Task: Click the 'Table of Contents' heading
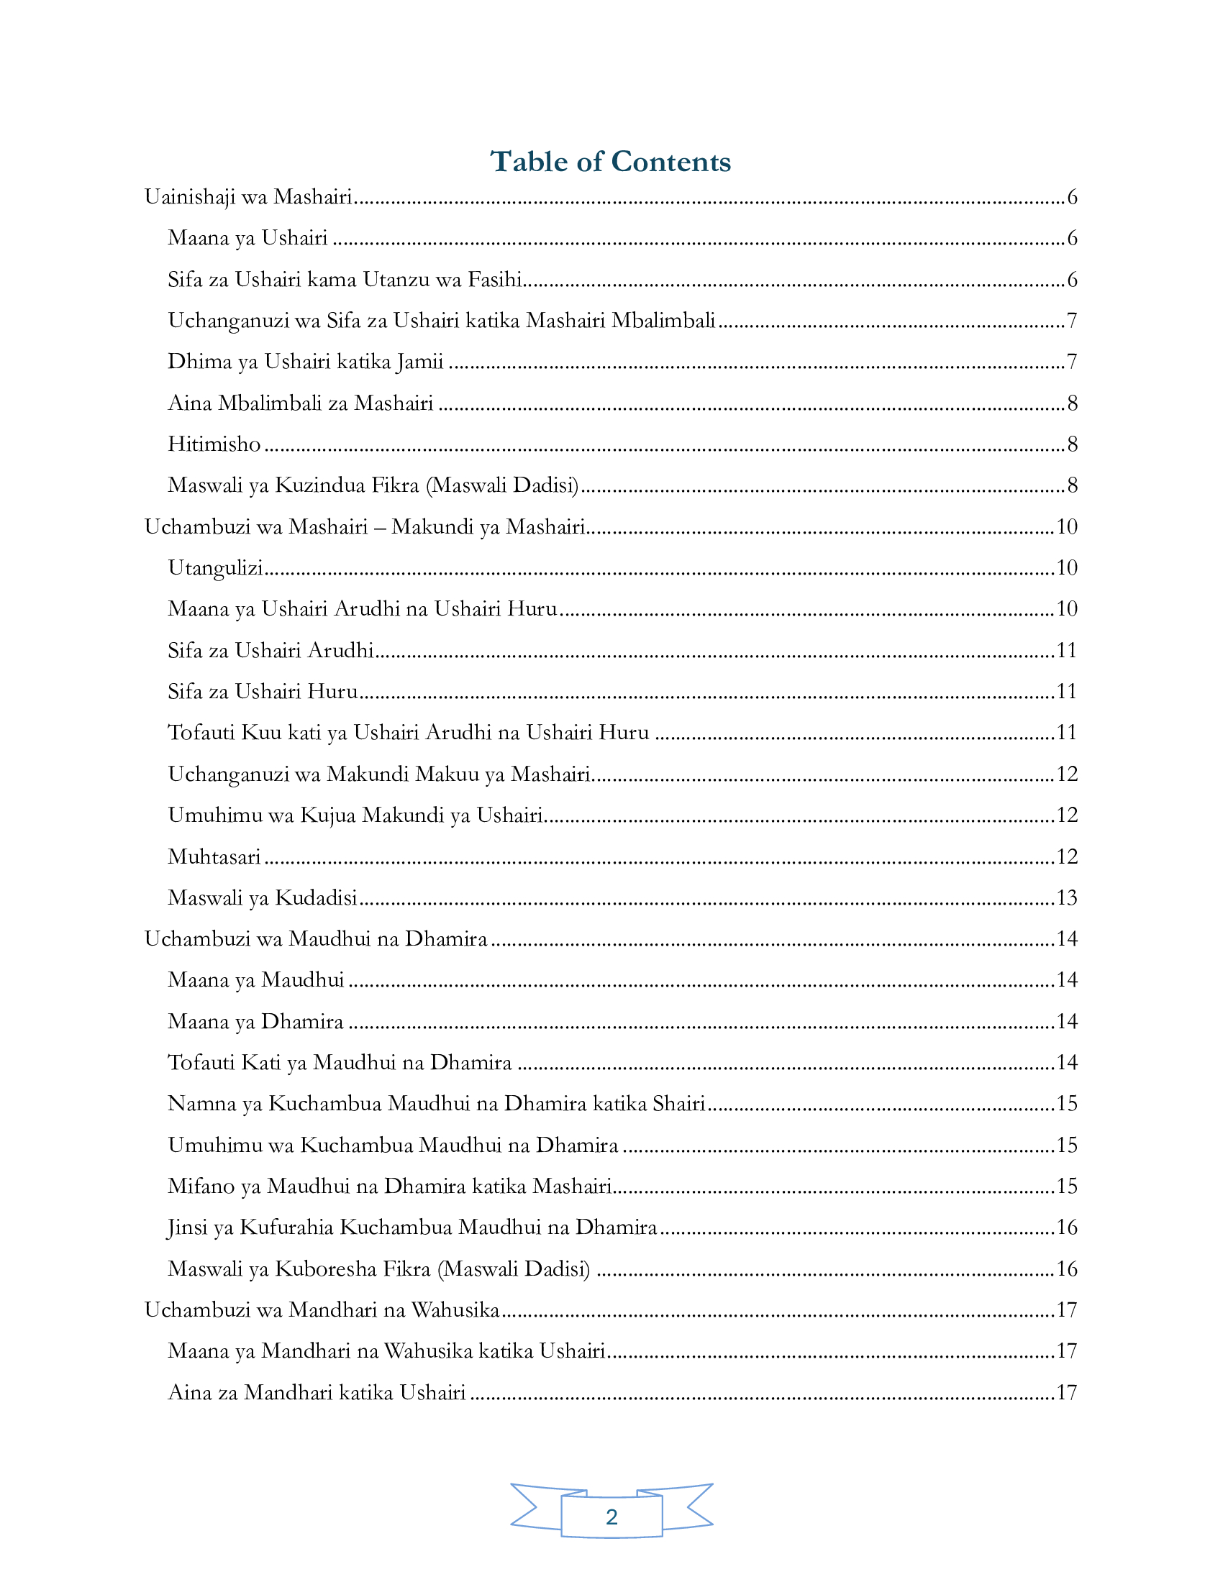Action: coord(611,162)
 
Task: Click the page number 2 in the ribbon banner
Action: coord(611,1516)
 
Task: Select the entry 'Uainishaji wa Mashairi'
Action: coord(247,197)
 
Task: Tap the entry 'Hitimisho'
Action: coord(214,444)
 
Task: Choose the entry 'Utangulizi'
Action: coord(215,568)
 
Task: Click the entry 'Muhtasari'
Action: coord(214,857)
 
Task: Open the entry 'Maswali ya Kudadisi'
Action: coord(263,898)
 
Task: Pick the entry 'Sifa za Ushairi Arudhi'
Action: coord(270,651)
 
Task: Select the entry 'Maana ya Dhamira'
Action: coord(255,1022)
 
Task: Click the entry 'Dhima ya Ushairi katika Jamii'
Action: coord(305,362)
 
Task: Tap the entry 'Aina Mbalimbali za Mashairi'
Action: coord(300,403)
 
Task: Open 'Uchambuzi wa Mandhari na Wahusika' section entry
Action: coord(322,1309)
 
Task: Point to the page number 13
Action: coord(1066,898)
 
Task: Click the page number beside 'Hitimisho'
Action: coord(1073,444)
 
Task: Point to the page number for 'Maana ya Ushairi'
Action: coord(1073,238)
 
